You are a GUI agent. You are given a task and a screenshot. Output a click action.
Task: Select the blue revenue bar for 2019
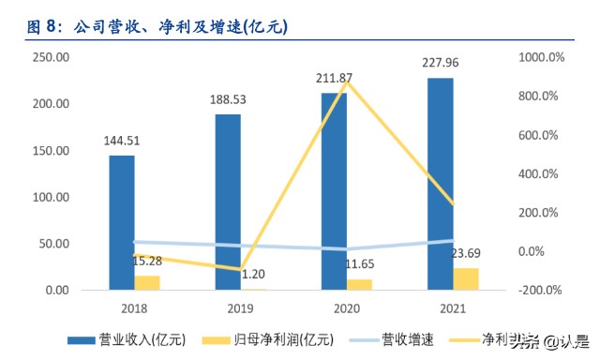(228, 202)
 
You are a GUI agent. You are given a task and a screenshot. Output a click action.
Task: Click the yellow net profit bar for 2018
(147, 283)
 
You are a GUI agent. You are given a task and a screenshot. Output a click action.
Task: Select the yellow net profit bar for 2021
(466, 279)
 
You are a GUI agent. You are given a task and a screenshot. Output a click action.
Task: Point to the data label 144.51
(122, 142)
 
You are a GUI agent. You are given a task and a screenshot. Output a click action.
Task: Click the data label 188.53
(228, 98)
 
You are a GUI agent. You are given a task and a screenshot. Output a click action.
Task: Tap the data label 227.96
(441, 65)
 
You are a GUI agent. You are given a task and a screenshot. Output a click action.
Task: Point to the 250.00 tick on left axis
(51, 57)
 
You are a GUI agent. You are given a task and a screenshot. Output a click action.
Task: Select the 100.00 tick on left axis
(51, 197)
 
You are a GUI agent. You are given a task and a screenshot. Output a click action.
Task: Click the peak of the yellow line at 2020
(348, 82)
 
